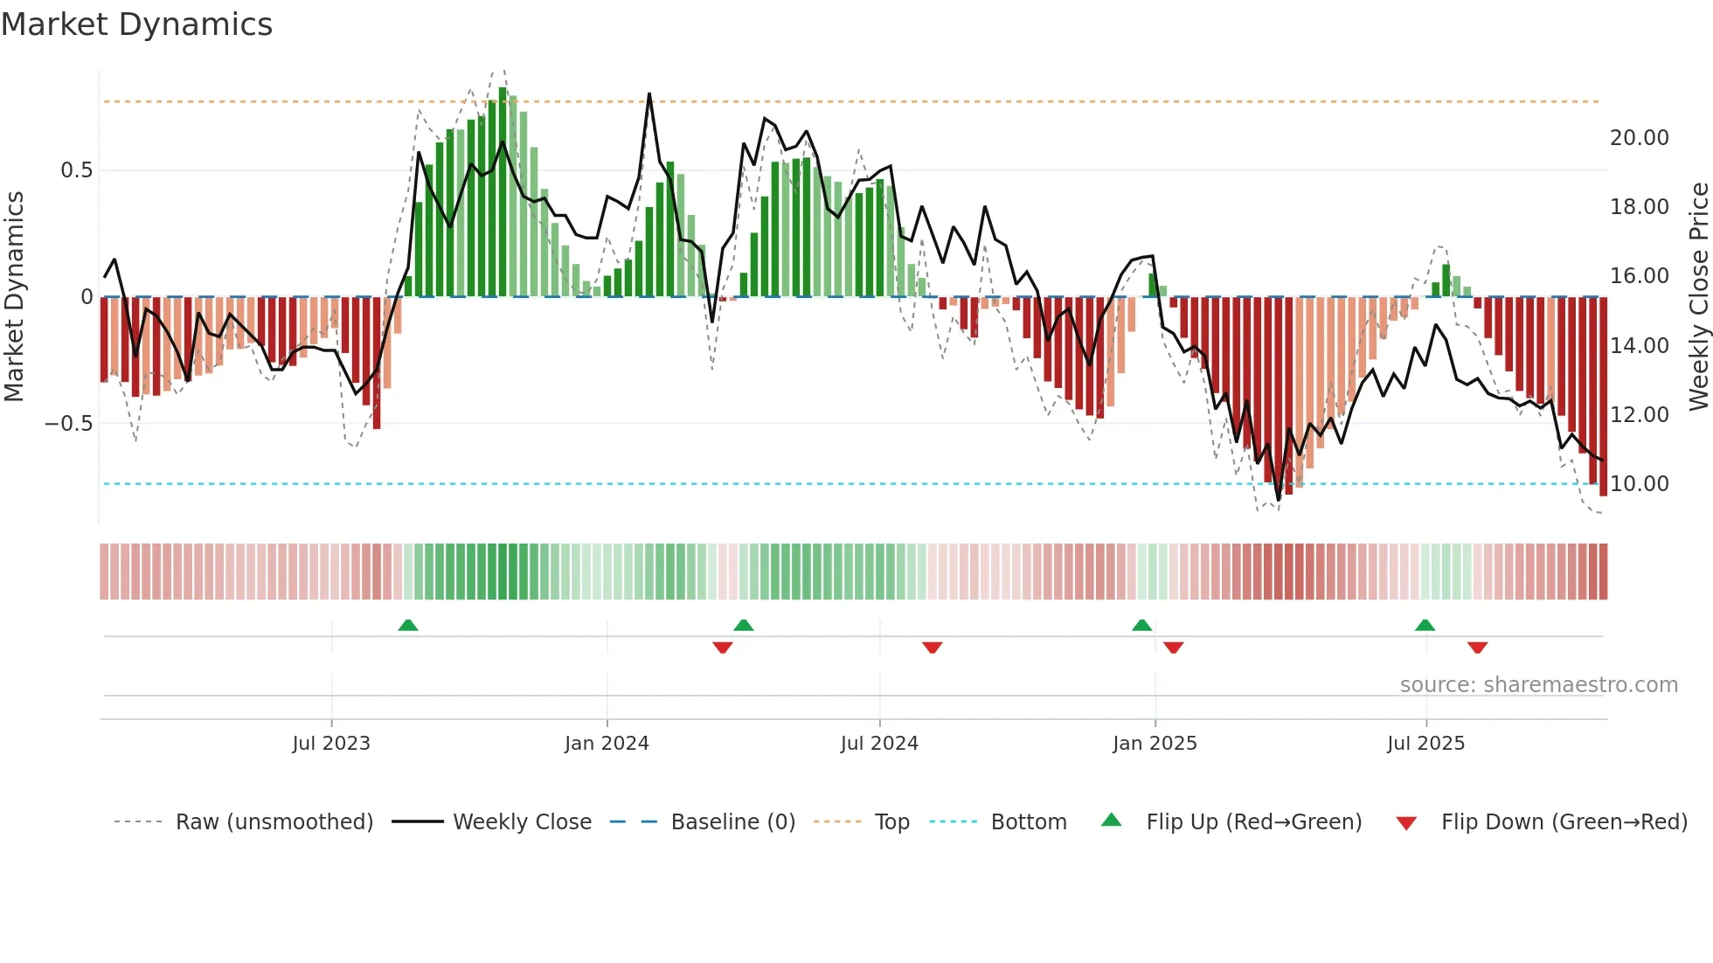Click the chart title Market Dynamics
[x=136, y=24]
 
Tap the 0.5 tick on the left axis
[x=76, y=170]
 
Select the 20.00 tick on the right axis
[x=1639, y=138]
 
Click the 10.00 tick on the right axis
[x=1639, y=484]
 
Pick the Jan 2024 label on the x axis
[x=607, y=744]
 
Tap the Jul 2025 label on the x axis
[x=1425, y=744]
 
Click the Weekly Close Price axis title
[x=1698, y=296]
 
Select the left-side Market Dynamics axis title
[x=14, y=296]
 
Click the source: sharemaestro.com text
[x=1538, y=685]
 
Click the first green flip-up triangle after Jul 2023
[x=408, y=625]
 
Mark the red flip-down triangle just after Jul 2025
[x=1477, y=648]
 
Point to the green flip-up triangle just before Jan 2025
[x=1141, y=625]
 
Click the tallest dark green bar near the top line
[x=503, y=192]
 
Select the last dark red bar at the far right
[x=1603, y=397]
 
